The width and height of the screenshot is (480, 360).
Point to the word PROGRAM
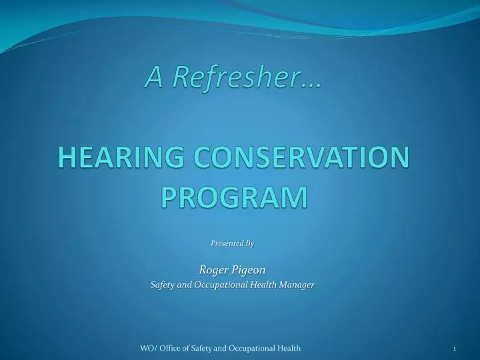(235, 197)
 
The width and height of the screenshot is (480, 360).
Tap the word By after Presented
(250, 243)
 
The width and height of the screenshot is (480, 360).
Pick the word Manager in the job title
(297, 285)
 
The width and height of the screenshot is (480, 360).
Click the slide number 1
(454, 349)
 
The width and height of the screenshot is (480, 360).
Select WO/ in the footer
(147, 349)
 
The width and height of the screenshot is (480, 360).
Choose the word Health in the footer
(289, 349)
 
